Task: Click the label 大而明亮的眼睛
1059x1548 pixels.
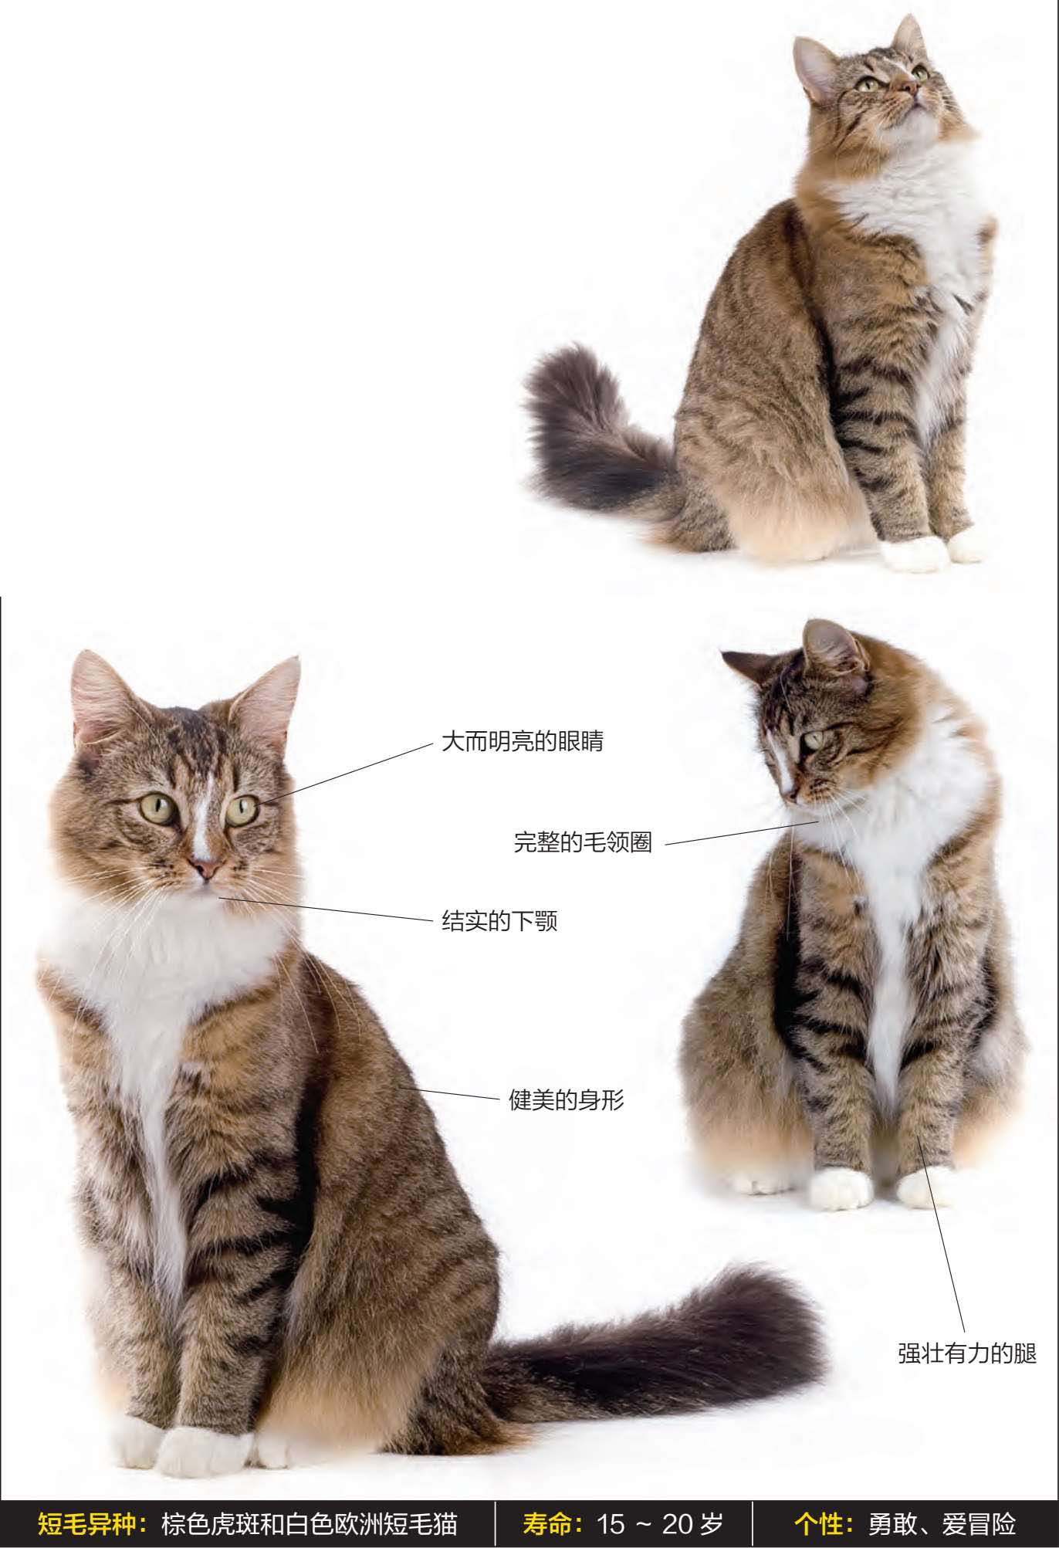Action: coord(522,741)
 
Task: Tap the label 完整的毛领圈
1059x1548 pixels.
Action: coord(583,842)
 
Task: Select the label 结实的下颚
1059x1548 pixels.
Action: coord(499,920)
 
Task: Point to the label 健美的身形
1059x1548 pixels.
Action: coord(566,1099)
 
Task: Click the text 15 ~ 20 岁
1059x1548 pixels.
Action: coord(660,1523)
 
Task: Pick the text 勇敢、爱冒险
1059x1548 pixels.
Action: coord(942,1523)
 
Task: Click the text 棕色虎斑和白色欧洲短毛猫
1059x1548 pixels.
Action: coord(310,1523)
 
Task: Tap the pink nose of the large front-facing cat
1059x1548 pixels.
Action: coord(205,869)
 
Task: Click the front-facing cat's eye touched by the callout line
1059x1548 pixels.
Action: coord(241,810)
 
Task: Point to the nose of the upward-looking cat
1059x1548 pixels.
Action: coord(908,88)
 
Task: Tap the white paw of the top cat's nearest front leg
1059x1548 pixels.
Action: coord(915,554)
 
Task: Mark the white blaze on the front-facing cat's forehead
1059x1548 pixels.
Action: coord(202,818)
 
